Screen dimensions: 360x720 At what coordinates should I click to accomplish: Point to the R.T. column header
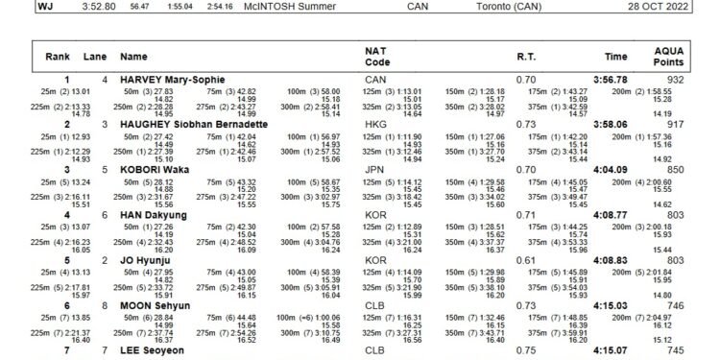[x=526, y=57]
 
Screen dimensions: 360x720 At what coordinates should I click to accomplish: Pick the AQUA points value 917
[x=676, y=124]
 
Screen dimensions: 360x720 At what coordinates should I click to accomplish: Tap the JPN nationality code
[x=375, y=169]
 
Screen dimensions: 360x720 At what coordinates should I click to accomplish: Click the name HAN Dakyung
[x=153, y=214]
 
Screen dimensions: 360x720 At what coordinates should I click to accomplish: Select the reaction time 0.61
[x=525, y=259]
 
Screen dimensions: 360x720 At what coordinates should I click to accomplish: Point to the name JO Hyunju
[x=148, y=259]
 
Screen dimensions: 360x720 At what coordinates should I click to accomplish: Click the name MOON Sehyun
[x=156, y=304]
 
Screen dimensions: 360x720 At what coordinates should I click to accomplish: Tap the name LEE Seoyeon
[x=153, y=349]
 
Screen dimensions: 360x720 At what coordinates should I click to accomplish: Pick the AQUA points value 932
[x=676, y=79]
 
